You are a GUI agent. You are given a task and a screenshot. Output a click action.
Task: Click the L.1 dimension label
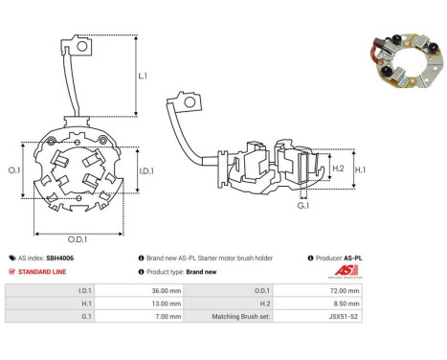[143, 76]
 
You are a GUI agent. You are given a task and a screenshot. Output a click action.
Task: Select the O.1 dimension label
[14, 170]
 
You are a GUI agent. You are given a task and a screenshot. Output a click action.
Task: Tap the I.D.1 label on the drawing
[146, 171]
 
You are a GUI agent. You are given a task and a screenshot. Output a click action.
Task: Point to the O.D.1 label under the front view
[78, 239]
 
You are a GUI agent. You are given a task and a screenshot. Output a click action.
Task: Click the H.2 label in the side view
[338, 169]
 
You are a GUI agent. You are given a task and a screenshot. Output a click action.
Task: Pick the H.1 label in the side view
[361, 169]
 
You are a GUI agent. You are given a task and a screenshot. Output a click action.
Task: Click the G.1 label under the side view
[303, 206]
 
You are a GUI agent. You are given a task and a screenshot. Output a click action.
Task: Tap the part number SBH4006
[60, 259]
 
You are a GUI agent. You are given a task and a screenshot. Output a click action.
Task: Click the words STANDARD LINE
[42, 272]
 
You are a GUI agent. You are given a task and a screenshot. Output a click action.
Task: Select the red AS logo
[346, 271]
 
